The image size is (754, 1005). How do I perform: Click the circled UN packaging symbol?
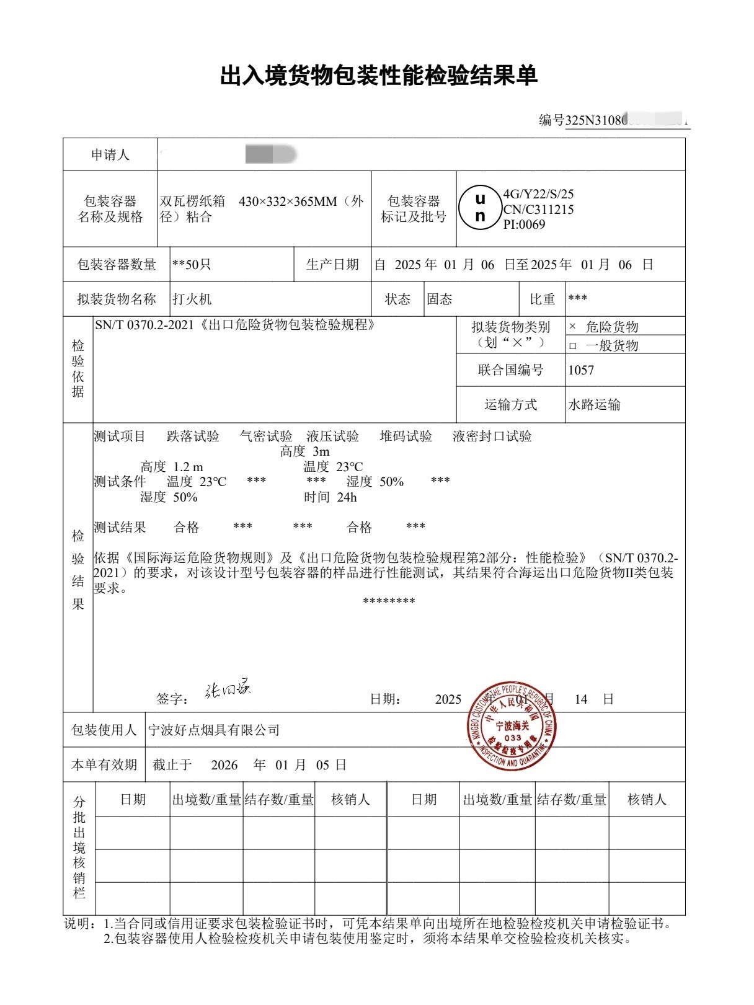[479, 208]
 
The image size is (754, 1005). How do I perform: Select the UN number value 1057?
[581, 370]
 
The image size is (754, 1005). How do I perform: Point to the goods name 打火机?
[192, 299]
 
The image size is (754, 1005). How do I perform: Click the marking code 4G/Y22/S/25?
[538, 194]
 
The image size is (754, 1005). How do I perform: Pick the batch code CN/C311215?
[538, 210]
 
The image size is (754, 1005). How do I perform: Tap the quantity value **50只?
[192, 265]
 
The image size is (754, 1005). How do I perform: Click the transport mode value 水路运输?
[594, 405]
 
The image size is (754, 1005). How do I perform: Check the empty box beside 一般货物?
[572, 346]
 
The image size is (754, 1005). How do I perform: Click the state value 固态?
[440, 299]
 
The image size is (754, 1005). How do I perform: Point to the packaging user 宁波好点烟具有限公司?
[214, 730]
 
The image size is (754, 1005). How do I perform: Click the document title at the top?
[378, 76]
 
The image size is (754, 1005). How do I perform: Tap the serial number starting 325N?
[626, 120]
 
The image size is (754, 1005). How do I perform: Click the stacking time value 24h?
[347, 497]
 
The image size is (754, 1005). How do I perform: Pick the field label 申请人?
[110, 154]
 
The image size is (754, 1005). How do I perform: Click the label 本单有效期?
[104, 764]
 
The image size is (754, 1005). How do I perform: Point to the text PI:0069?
[525, 224]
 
